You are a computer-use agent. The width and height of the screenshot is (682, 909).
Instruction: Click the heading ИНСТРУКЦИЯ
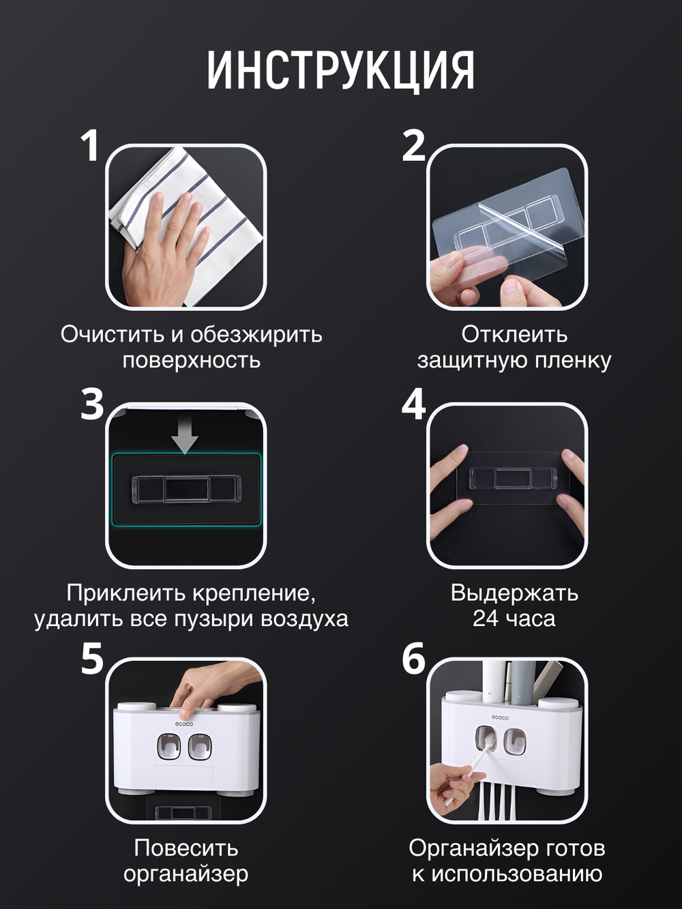click(x=340, y=70)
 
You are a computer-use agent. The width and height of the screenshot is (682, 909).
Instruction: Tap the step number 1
click(x=90, y=146)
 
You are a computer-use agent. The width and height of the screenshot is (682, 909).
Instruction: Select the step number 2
click(x=413, y=146)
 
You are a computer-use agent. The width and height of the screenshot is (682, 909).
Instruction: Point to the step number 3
click(x=92, y=404)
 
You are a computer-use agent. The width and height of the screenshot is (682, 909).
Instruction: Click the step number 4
click(x=413, y=404)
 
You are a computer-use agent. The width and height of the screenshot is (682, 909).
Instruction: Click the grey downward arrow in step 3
click(x=184, y=434)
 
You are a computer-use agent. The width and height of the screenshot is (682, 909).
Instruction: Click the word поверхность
click(x=191, y=360)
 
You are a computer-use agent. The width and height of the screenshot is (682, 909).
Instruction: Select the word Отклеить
click(x=514, y=334)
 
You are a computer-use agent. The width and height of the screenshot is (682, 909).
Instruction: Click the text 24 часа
click(x=514, y=619)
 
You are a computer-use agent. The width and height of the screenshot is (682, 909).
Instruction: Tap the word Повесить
click(x=186, y=848)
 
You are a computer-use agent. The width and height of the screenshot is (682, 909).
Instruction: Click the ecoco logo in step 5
click(x=184, y=724)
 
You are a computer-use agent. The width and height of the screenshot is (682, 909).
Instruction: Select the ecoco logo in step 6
click(x=501, y=717)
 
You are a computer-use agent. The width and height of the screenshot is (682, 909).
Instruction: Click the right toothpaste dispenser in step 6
click(x=515, y=741)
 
